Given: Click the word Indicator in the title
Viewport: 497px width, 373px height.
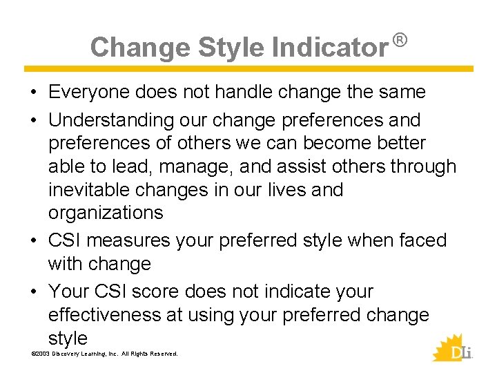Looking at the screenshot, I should point(329,48).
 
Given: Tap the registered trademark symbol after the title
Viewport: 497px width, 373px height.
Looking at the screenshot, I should point(400,41).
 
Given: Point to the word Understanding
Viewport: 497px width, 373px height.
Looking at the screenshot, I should point(111,120).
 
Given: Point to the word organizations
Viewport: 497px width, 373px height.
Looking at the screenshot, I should point(106,213).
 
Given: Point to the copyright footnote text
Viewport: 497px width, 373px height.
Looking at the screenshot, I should point(104,354).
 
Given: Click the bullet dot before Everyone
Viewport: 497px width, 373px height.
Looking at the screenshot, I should point(34,93).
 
